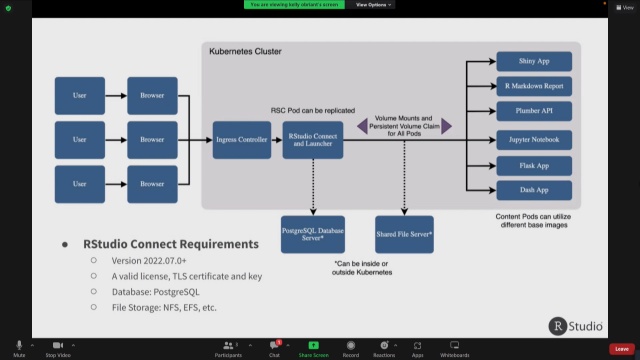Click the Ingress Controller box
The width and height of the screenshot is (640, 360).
tap(242, 140)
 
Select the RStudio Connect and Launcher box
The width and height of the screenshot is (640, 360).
tap(314, 140)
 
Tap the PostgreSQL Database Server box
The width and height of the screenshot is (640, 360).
tap(313, 233)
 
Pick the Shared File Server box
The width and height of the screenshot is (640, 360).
tap(404, 233)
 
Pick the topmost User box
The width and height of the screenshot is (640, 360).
tap(80, 95)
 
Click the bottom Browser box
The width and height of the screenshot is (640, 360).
tap(152, 184)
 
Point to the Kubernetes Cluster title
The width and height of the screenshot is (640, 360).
tap(246, 51)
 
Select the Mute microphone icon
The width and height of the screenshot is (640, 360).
tap(19, 344)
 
